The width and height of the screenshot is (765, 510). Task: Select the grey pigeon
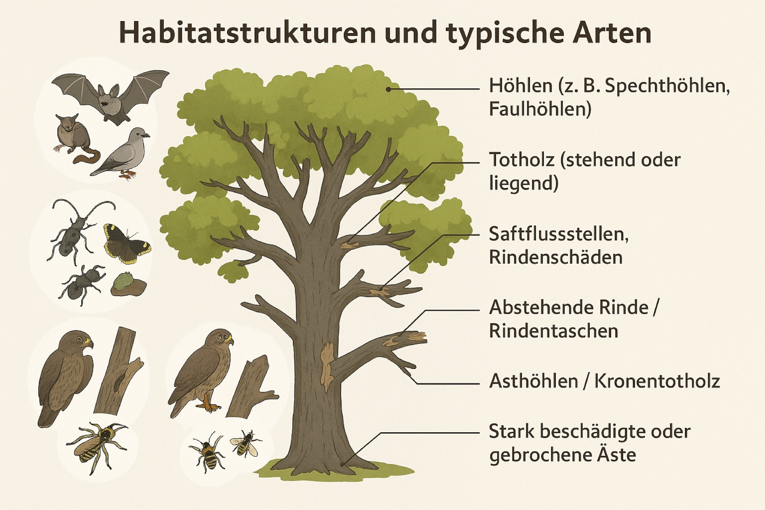click(122, 153)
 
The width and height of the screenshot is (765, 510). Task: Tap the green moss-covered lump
click(128, 284)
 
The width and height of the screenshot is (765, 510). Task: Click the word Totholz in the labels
click(522, 160)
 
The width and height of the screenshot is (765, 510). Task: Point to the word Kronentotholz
click(657, 381)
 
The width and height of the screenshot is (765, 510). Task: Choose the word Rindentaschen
click(553, 331)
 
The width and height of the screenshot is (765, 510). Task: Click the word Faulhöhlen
click(540, 109)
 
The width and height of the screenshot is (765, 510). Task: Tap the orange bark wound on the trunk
click(327, 367)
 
